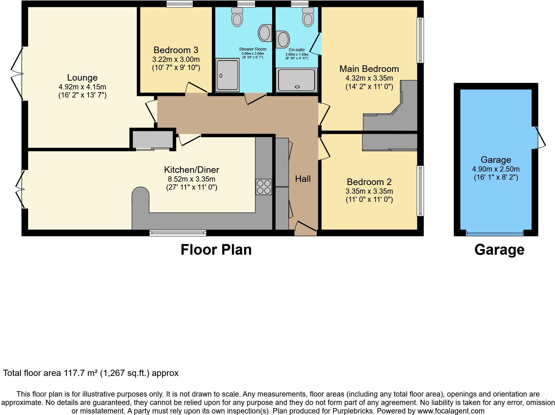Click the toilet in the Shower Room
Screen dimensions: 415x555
click(x=237, y=17)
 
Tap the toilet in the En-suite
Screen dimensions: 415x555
click(x=308, y=17)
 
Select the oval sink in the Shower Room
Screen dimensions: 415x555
click(x=265, y=32)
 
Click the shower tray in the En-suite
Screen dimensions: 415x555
click(x=297, y=80)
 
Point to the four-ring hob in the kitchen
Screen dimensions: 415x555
click(x=263, y=187)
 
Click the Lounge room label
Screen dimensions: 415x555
click(x=82, y=77)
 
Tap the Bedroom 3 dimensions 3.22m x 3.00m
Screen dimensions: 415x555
click(x=176, y=59)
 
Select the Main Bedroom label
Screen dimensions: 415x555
click(x=369, y=69)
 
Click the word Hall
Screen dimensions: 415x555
click(x=303, y=179)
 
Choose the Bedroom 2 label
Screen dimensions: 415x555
click(x=369, y=182)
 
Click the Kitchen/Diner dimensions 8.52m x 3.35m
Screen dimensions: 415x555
click(x=192, y=179)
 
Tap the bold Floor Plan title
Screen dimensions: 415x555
click(x=216, y=250)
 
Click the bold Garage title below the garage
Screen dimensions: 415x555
click(x=499, y=250)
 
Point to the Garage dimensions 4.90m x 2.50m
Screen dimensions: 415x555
click(x=496, y=169)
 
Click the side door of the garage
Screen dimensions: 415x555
click(x=540, y=137)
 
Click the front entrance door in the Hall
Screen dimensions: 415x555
click(x=306, y=228)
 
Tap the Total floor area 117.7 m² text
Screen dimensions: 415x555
click(x=91, y=373)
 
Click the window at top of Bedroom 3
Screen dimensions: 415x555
click(x=179, y=4)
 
